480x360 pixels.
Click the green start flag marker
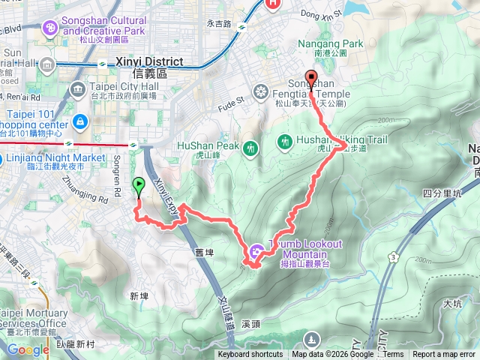pos(139,184)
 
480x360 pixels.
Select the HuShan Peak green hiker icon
pos(250,149)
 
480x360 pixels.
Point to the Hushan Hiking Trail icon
pos(284,140)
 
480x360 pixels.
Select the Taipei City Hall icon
pos(79,90)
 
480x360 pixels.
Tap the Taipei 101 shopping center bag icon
pos(79,121)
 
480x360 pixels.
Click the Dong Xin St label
pos(321,13)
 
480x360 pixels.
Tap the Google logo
pos(28,349)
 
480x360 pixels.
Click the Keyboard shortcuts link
pos(250,355)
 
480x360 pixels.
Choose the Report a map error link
pos(445,355)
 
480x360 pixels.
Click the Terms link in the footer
pos(394,355)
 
